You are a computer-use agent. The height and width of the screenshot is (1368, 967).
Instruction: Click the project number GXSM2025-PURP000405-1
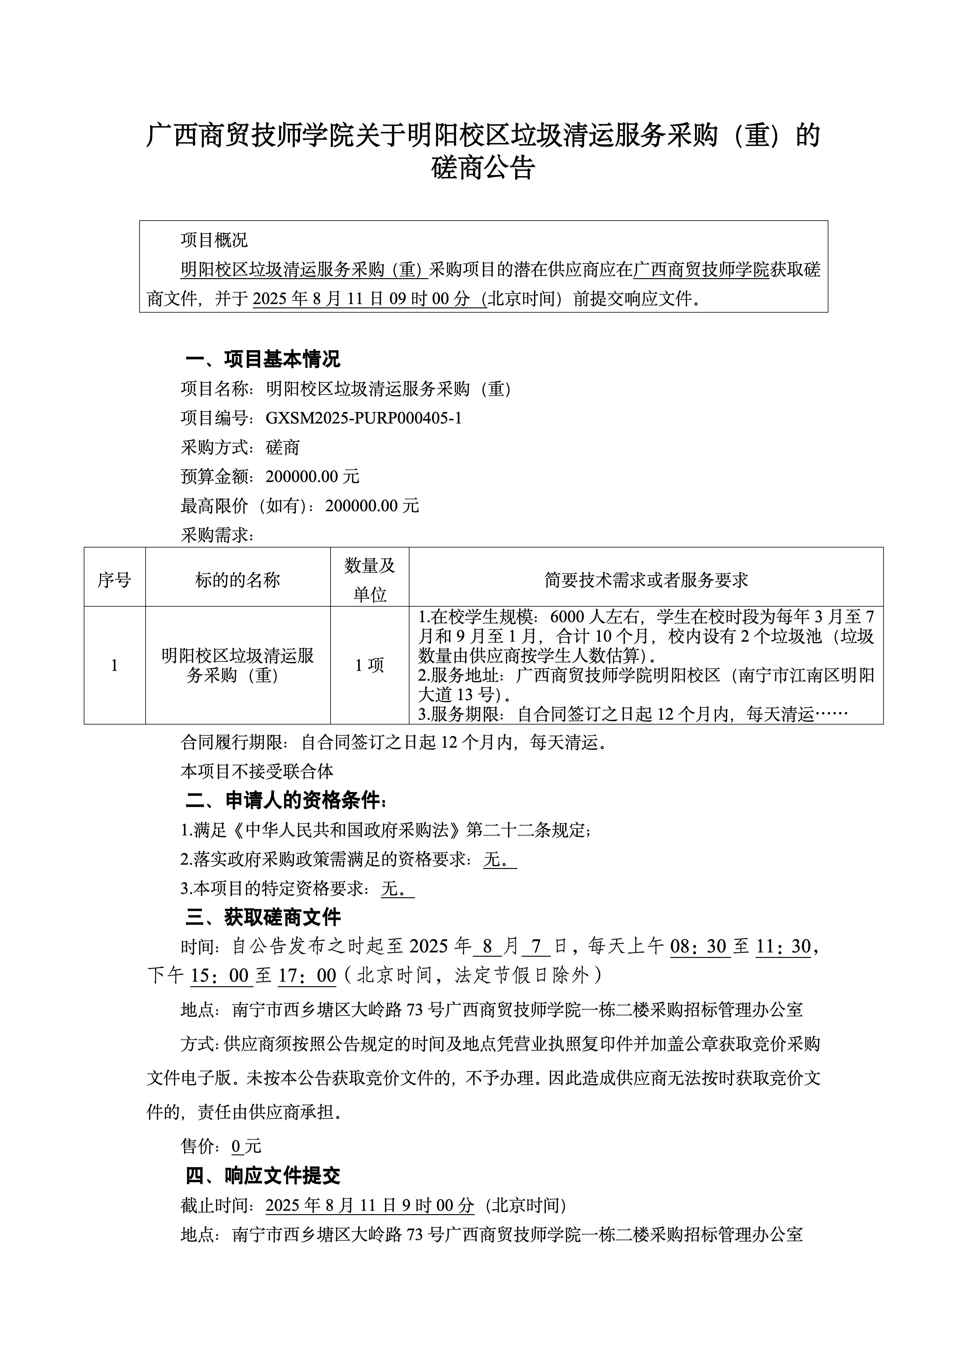363,418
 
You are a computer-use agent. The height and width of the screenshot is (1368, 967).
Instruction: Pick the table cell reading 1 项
369,665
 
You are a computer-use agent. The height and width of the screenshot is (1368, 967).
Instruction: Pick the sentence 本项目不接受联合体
257,771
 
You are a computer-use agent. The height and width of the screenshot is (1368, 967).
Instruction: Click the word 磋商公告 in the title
483,168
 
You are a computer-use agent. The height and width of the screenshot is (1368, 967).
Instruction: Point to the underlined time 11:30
783,946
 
